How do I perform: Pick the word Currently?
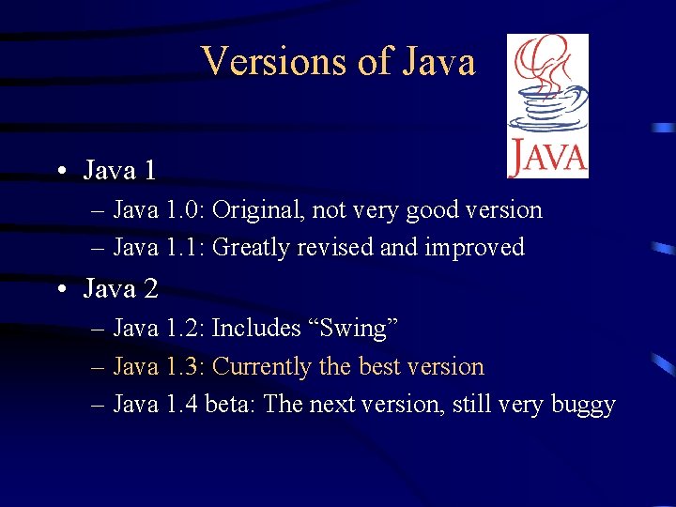[x=263, y=367]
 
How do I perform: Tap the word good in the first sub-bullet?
[x=426, y=210]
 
